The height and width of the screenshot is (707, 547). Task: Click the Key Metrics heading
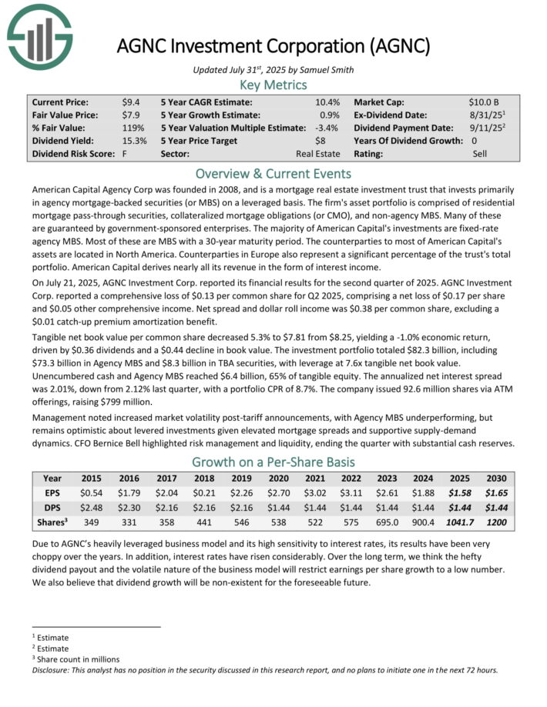tap(273, 85)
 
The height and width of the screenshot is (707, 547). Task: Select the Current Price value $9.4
tap(130, 102)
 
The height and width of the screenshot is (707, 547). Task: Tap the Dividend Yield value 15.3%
tap(134, 141)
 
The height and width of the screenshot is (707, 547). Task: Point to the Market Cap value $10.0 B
tap(484, 102)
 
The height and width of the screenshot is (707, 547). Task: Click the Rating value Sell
tap(480, 154)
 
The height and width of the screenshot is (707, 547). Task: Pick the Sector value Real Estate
tap(317, 154)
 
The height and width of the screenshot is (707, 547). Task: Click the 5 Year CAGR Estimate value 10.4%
tap(327, 102)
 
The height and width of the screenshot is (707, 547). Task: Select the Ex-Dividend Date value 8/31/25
tap(486, 115)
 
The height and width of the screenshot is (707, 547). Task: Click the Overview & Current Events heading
tap(273, 173)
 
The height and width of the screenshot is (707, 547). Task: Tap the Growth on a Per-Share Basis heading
tap(273, 462)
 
